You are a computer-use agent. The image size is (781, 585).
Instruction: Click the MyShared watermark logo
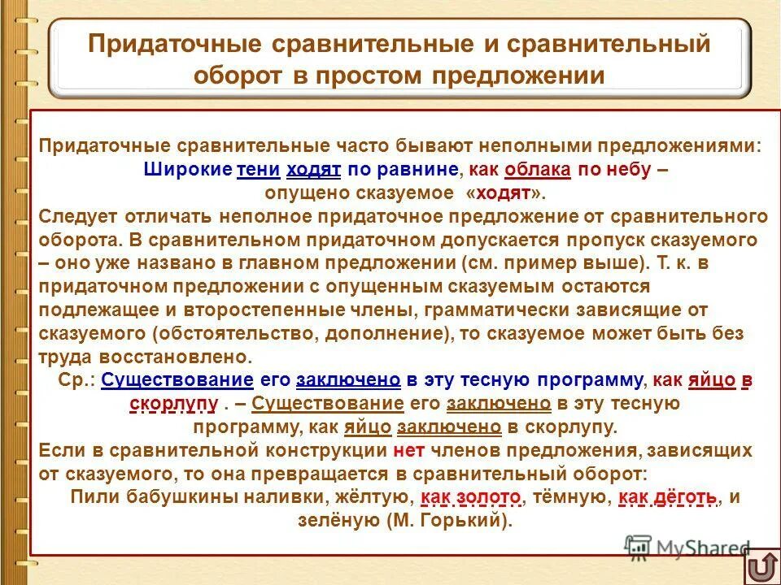[x=687, y=547]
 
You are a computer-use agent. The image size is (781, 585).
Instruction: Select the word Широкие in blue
[x=186, y=171]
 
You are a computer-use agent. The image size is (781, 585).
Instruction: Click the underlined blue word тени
[x=258, y=171]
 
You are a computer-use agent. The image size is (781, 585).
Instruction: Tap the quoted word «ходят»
[x=502, y=193]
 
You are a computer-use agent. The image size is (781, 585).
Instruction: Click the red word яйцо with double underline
[x=706, y=380]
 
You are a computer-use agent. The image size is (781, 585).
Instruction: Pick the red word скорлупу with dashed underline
[x=173, y=403]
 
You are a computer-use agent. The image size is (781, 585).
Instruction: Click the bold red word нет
[x=408, y=450]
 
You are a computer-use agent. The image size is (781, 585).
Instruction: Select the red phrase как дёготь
[x=669, y=497]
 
